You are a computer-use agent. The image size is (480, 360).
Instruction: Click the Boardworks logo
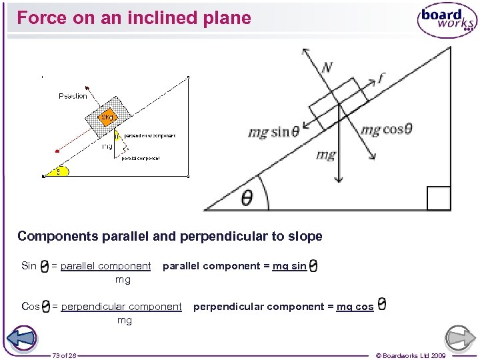pos(447,21)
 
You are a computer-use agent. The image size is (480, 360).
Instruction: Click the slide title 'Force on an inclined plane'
pos(134,18)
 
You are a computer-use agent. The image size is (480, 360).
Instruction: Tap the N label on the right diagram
pos(327,67)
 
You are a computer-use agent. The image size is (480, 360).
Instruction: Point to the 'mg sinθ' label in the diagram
pos(273,131)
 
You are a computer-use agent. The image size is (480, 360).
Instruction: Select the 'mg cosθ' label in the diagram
pos(386,129)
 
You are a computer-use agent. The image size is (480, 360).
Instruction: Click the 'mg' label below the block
pos(325,155)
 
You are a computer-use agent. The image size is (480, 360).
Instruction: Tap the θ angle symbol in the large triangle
pos(247,198)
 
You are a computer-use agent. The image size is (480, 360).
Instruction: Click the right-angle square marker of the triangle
pos(439,198)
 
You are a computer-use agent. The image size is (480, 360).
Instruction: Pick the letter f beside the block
pos(381,79)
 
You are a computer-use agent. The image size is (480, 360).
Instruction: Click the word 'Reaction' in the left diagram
pos(73,96)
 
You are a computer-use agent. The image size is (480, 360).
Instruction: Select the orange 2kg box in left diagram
pos(107,117)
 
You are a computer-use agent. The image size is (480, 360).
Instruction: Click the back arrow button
pos(23,337)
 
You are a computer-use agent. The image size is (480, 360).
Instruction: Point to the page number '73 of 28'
pos(64,355)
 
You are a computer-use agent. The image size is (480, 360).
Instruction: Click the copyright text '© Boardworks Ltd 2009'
pos(411,355)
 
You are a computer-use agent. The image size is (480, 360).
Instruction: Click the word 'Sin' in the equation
pos(29,266)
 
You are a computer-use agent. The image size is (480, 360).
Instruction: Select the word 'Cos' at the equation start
pos(31,307)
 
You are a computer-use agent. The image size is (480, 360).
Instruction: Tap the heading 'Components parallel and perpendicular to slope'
pos(169,236)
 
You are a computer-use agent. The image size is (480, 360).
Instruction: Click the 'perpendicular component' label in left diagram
pos(149,136)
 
